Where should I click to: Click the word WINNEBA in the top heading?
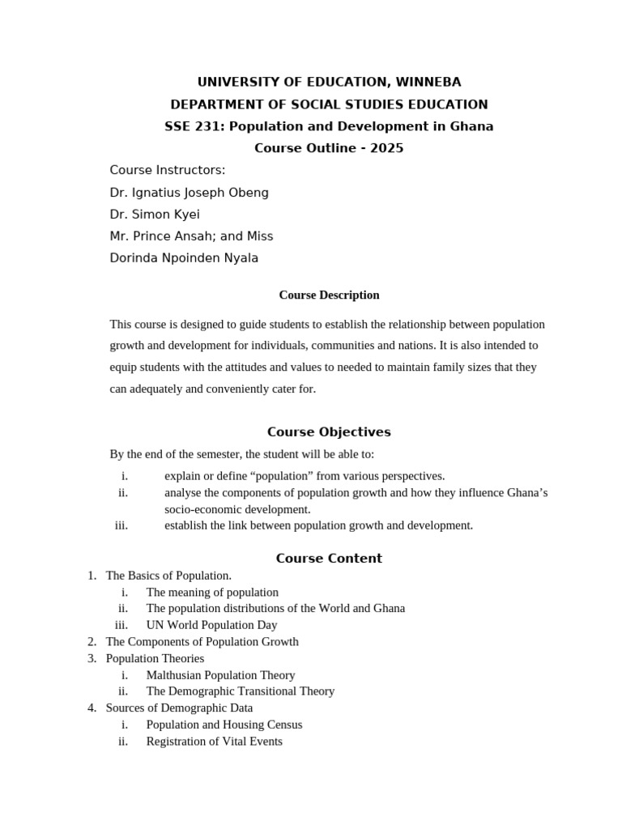(425, 82)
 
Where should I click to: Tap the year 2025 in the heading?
(387, 148)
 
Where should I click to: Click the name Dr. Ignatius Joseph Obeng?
(189, 193)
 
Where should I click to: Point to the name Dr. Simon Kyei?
(155, 215)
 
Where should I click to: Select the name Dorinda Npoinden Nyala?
(184, 258)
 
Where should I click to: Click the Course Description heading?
(329, 295)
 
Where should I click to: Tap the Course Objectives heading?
(329, 432)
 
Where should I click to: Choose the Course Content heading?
(329, 559)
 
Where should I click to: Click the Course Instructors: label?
(168, 170)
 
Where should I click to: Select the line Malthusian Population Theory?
(220, 675)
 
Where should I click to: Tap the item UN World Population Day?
(211, 625)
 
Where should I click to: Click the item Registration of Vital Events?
(214, 742)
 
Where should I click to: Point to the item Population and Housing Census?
(224, 725)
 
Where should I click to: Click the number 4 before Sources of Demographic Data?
(92, 708)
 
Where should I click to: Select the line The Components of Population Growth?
(202, 642)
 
